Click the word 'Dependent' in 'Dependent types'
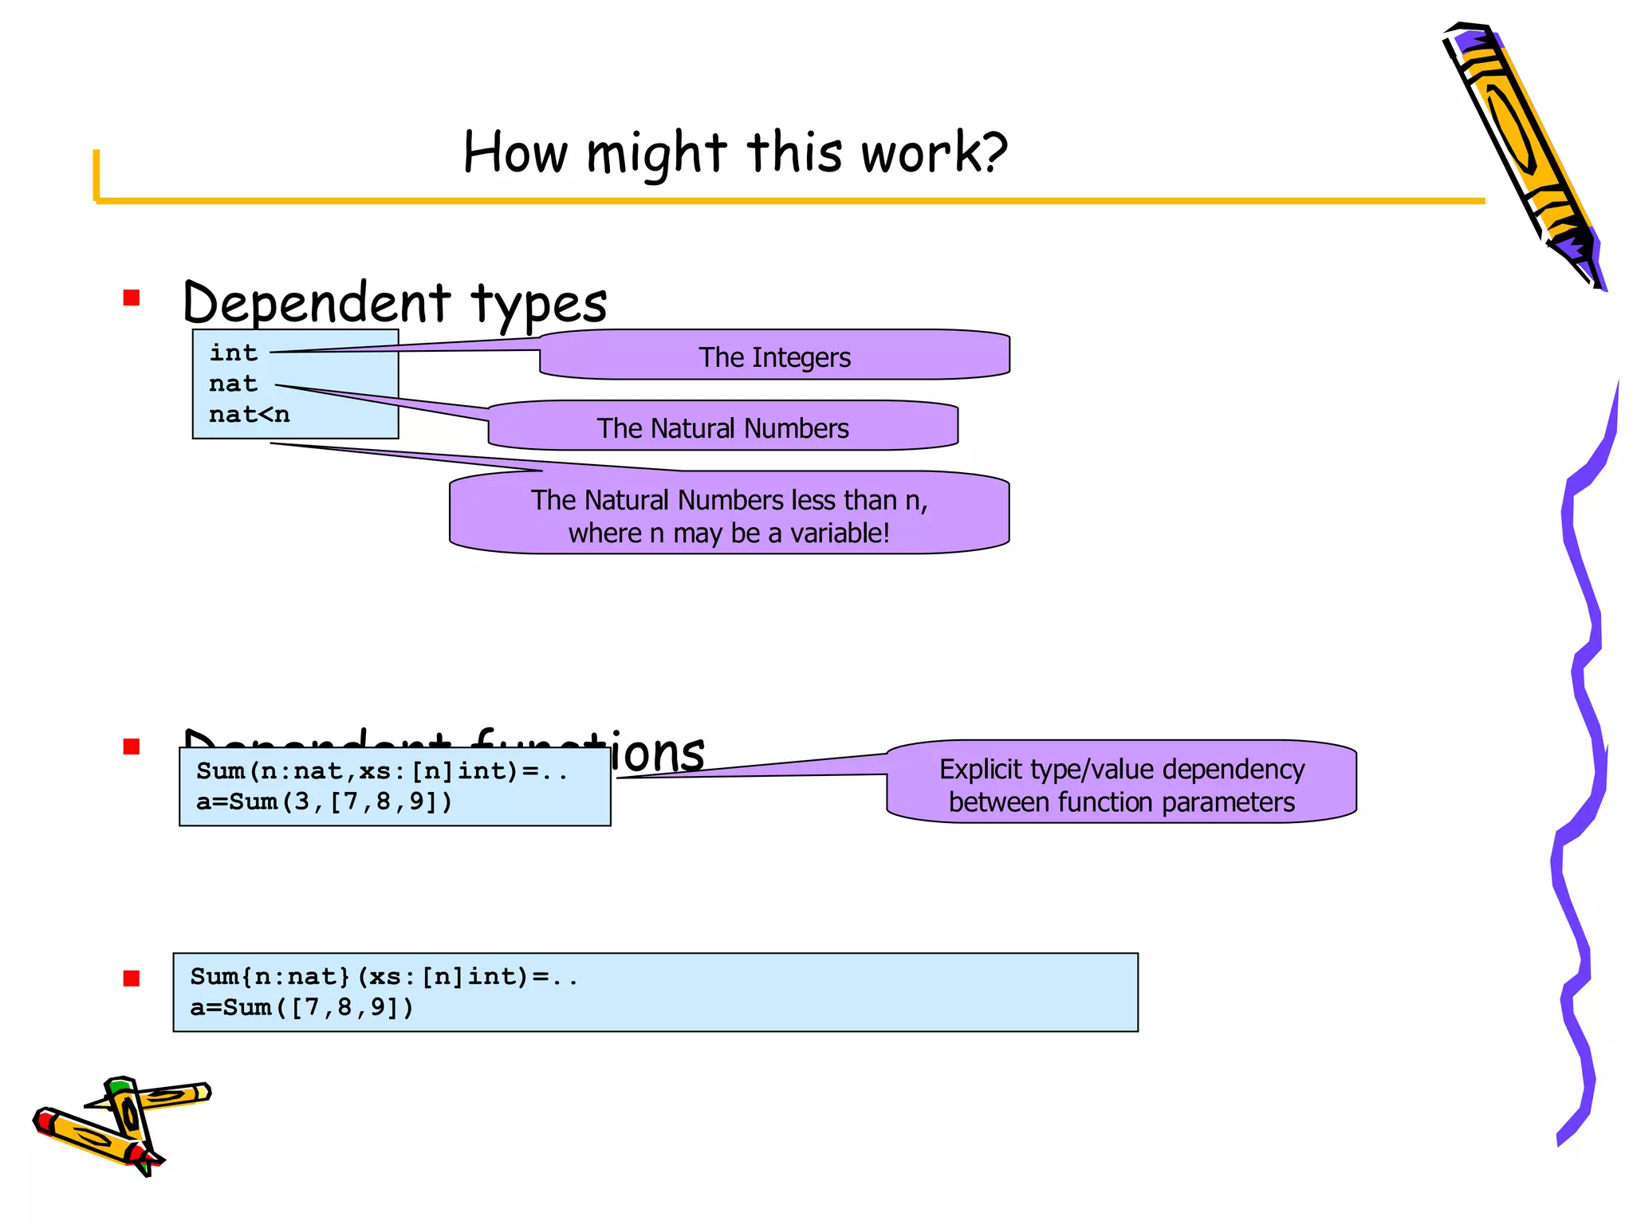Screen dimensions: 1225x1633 point(317,303)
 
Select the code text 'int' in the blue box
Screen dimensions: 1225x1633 point(233,353)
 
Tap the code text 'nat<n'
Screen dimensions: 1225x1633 point(249,415)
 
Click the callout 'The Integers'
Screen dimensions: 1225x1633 point(774,356)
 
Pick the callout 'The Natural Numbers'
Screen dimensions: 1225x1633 point(722,427)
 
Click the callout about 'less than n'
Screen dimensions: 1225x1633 point(729,514)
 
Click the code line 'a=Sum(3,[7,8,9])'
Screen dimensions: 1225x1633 point(324,802)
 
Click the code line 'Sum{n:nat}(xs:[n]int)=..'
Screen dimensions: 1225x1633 point(384,976)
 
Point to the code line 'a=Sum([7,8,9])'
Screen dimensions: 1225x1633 point(301,1007)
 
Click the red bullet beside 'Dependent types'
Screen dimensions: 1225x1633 point(132,298)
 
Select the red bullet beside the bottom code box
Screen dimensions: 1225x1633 point(132,978)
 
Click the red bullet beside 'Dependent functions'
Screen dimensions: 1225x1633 point(132,746)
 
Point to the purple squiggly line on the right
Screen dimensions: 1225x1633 point(1583,758)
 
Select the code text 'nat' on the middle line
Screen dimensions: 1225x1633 point(233,384)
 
